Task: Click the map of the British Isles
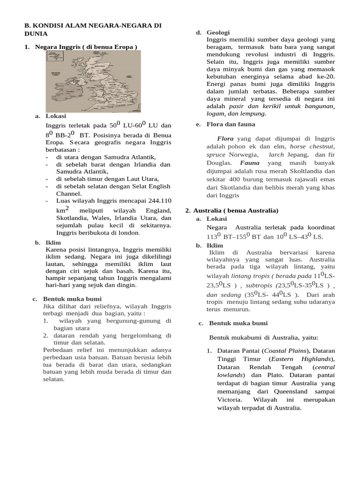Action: point(93,81)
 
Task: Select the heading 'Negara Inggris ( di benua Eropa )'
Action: point(86,47)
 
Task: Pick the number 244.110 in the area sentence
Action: point(157,200)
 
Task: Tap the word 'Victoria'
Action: point(229,399)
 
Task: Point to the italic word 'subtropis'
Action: point(259,285)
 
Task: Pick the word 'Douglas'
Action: point(219,163)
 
